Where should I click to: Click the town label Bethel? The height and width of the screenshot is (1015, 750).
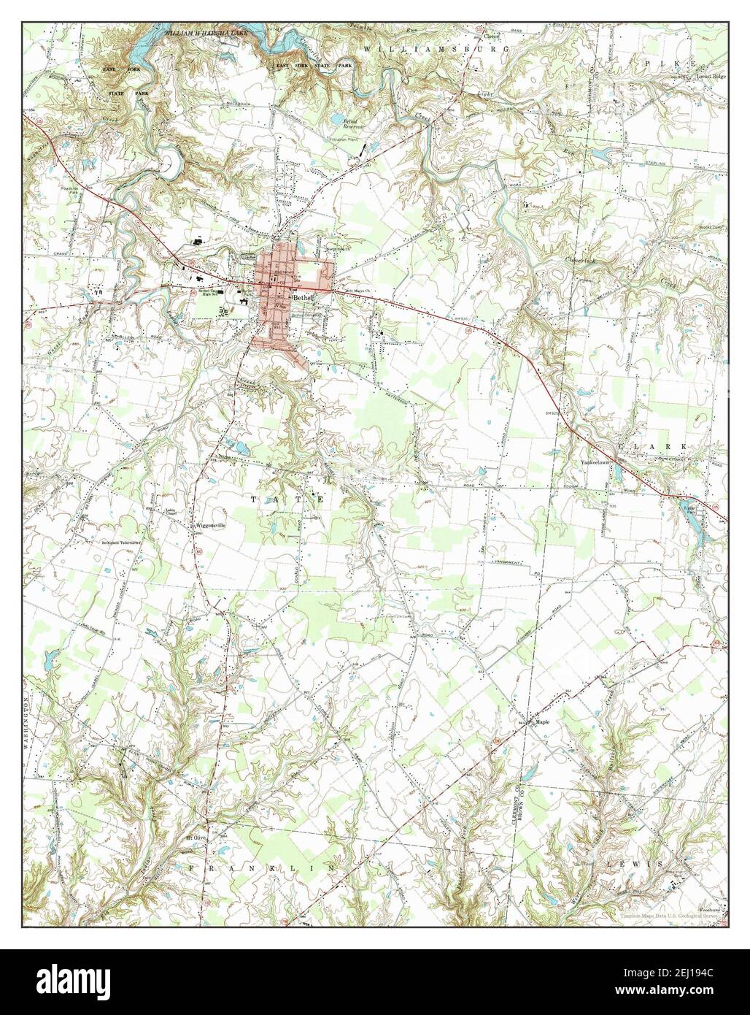coord(303,298)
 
